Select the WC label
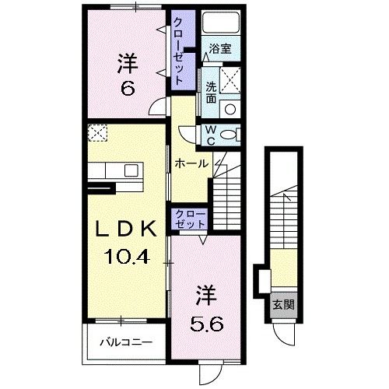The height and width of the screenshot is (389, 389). tap(211, 135)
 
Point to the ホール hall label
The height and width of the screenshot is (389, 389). tap(191, 164)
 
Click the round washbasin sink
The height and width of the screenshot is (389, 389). tap(230, 108)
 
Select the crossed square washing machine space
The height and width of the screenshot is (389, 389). tap(230, 79)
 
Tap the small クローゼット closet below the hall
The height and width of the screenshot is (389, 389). tap(190, 218)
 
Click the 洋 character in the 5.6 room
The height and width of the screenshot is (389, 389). tap(205, 296)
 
